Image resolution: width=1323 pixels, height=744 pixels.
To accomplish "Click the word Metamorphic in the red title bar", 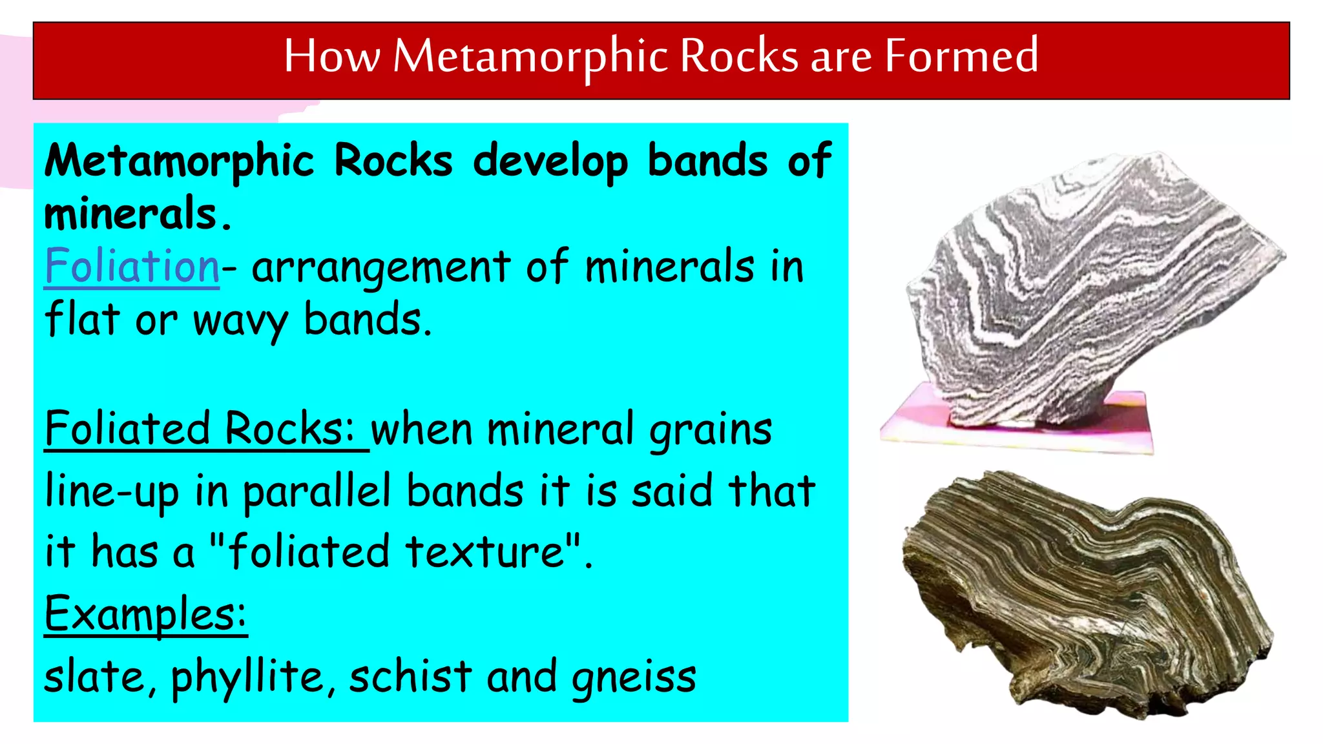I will coord(530,56).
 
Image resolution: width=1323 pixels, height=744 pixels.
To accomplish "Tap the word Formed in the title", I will coord(961,56).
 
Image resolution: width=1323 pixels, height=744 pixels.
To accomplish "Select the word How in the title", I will coord(331,56).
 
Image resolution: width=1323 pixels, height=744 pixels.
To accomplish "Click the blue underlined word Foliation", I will coord(132,266).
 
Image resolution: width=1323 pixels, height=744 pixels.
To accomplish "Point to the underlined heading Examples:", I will coord(145,614).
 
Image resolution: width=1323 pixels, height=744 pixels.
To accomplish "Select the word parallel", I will coord(317,491).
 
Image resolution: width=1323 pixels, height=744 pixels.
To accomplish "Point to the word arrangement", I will coord(381,267).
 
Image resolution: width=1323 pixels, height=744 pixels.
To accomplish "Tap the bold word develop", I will coord(550,161).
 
